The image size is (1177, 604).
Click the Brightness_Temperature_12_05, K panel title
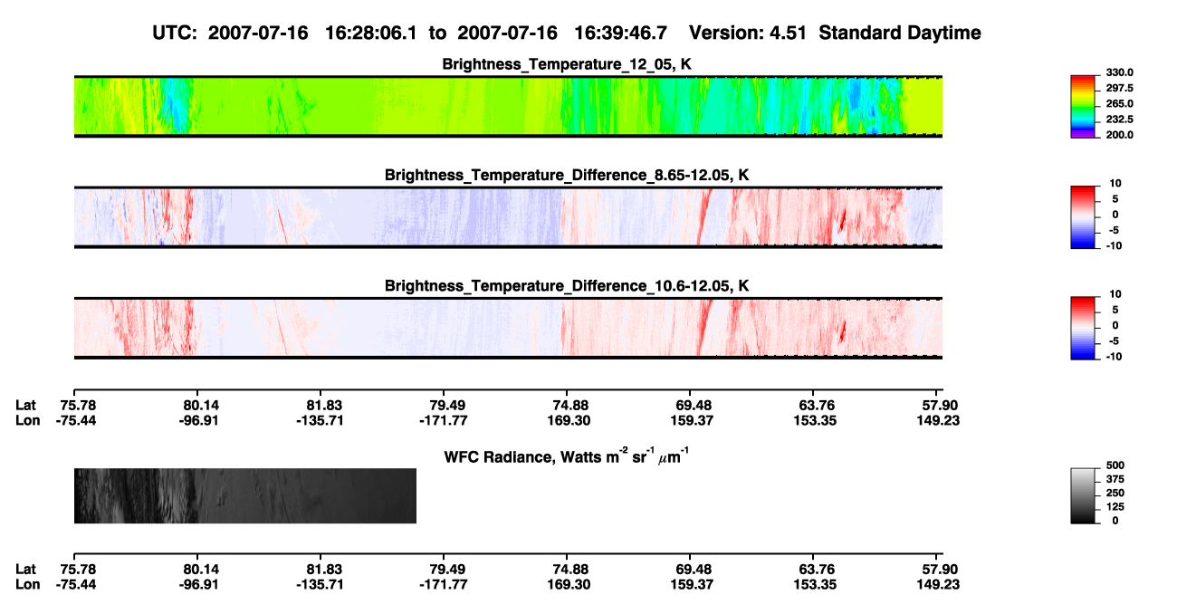[x=567, y=64]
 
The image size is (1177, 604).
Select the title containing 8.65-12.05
[x=567, y=175]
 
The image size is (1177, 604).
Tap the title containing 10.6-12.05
[x=567, y=286]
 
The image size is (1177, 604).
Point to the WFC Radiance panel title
[x=567, y=455]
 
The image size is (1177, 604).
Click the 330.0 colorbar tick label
[x=1119, y=72]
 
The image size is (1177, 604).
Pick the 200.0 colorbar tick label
[x=1119, y=135]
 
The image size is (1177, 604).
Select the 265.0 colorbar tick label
[x=1119, y=103]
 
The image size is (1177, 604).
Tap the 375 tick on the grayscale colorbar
[x=1115, y=479]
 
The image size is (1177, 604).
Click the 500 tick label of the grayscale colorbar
[x=1115, y=465]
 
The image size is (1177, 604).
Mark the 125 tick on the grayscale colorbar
[x=1115, y=507]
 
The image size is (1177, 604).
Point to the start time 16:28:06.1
[x=371, y=34]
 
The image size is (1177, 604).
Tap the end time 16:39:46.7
[x=620, y=34]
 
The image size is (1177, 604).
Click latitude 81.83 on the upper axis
[x=324, y=406]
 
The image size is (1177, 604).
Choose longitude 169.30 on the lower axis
[x=569, y=585]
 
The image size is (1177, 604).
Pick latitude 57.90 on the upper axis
[x=940, y=406]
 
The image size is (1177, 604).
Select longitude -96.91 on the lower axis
[x=198, y=585]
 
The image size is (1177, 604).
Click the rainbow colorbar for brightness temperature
[x=1083, y=107]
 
